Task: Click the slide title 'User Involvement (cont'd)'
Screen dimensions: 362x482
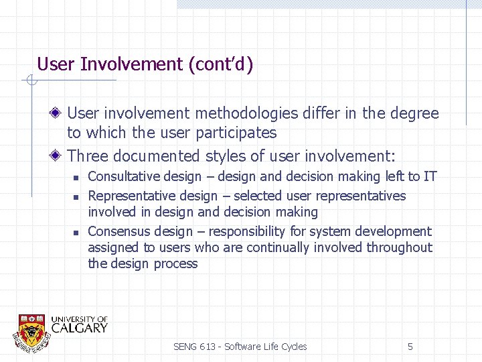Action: (145, 64)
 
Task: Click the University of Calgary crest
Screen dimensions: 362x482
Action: (31, 330)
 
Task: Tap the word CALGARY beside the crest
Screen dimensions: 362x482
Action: (78, 328)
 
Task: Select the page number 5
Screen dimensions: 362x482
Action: (410, 347)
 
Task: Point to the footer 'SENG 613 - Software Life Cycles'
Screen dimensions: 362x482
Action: (240, 347)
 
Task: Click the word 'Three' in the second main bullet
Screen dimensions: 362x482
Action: (88, 156)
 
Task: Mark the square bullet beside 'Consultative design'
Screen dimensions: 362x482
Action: (76, 178)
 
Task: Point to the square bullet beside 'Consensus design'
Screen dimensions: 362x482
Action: (76, 233)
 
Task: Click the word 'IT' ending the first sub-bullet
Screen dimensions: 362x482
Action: (430, 177)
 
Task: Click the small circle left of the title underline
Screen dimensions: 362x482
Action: (30, 81)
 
